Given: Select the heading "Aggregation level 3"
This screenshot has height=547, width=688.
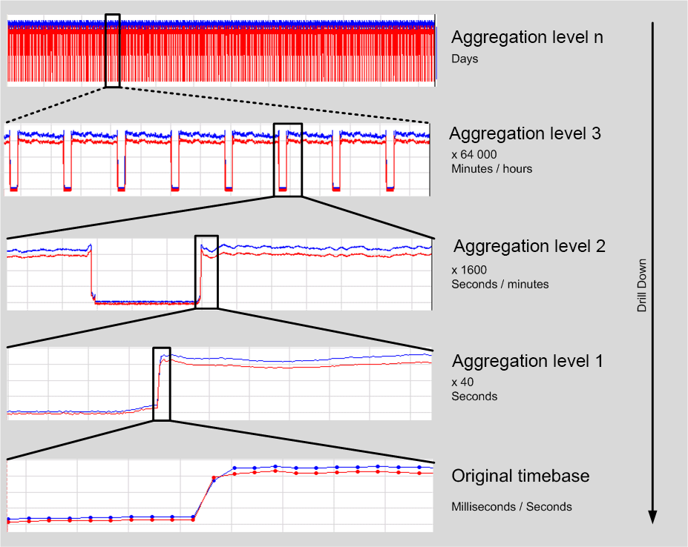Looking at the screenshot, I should click(x=525, y=134).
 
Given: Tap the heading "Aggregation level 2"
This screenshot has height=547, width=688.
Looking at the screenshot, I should click(x=530, y=246).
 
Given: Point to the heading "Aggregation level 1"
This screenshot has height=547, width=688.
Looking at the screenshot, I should click(x=528, y=362).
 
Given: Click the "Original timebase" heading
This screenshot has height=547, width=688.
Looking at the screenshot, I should click(x=520, y=476).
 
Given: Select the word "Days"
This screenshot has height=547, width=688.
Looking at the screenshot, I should click(x=465, y=59).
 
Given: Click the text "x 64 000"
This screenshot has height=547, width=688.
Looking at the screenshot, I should click(x=474, y=155).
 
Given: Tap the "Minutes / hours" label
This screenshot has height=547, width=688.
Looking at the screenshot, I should click(x=491, y=169).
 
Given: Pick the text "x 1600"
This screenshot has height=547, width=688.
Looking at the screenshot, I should click(x=469, y=270).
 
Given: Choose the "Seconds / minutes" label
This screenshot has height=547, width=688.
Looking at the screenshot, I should click(x=500, y=284).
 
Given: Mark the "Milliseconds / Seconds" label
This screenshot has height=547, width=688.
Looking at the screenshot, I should click(x=511, y=507).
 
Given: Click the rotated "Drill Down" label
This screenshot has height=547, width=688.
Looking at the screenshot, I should click(x=642, y=285).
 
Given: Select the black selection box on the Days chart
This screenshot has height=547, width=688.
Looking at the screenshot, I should click(x=113, y=50).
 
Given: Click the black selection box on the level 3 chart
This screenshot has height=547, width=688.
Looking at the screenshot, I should click(x=288, y=159).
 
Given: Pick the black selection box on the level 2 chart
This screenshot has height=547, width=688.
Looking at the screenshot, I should click(x=207, y=271).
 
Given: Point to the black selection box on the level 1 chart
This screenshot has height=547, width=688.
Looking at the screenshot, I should click(x=162, y=384).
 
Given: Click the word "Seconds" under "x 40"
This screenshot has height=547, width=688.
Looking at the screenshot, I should click(x=474, y=397).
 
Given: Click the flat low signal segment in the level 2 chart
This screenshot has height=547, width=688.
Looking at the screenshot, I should click(x=145, y=302).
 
